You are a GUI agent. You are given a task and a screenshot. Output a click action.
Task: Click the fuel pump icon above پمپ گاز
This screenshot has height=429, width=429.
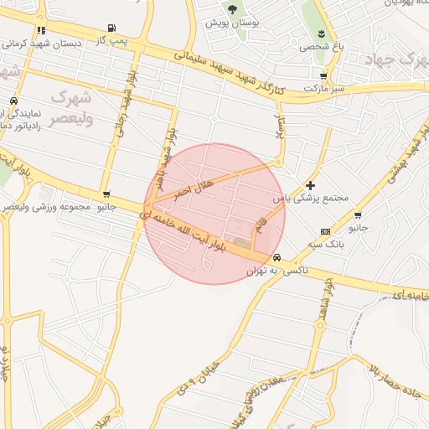tap(112, 28)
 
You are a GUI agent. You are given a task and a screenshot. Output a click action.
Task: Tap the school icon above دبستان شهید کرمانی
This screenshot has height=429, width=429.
tap(41, 30)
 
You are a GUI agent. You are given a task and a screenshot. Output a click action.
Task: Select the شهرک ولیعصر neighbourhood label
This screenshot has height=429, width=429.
tap(71, 108)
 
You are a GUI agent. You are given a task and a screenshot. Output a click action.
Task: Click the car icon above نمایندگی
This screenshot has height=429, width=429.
tap(13, 101)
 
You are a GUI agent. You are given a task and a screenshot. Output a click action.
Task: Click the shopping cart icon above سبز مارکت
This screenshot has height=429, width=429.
tap(323, 76)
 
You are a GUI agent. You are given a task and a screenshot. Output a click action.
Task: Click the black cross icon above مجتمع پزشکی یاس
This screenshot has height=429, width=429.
tap(311, 185)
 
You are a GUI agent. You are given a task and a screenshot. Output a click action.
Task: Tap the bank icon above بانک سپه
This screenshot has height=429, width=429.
tap(325, 231)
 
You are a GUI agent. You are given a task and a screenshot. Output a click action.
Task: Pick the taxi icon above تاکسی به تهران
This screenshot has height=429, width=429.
tap(277, 258)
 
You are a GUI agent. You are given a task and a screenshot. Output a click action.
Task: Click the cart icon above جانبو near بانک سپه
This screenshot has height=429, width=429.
tap(358, 215)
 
